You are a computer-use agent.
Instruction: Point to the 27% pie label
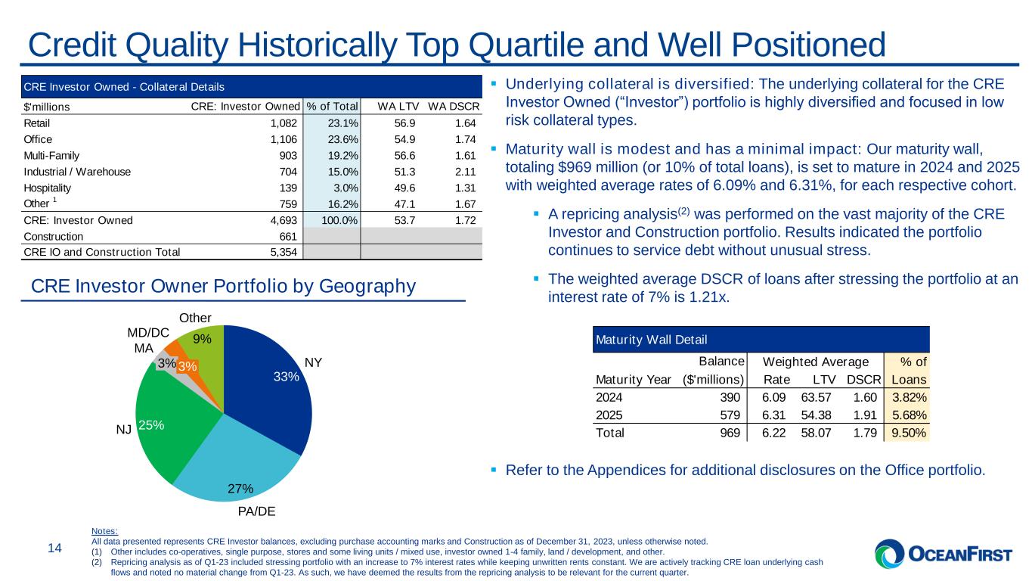pos(240,489)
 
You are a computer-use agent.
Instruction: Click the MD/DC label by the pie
pos(148,333)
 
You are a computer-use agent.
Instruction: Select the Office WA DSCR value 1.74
pos(466,139)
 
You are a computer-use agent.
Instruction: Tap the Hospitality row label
pos(48,188)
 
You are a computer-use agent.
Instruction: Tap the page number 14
pos(55,548)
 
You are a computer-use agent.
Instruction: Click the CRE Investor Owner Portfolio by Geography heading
pos(224,287)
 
